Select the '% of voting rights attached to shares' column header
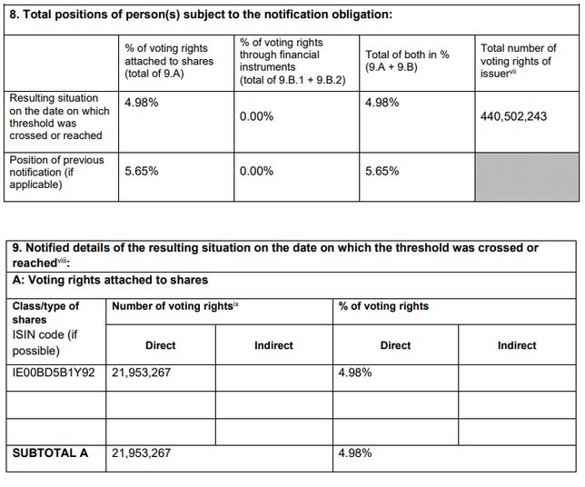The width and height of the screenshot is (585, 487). tap(168, 61)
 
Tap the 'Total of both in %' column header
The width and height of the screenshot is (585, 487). tap(406, 61)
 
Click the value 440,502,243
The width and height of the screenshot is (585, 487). tap(513, 116)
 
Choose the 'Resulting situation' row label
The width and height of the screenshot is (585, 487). tap(59, 116)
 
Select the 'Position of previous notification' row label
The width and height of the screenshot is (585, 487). tap(56, 172)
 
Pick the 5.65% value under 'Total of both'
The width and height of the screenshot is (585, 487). tap(382, 170)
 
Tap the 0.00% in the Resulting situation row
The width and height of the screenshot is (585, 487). tap(256, 116)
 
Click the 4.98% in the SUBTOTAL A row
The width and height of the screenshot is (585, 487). tap(354, 452)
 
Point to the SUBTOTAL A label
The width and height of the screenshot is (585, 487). tap(50, 452)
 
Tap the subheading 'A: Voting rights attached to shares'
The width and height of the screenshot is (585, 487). tap(110, 280)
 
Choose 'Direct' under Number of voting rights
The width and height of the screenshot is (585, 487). tap(161, 345)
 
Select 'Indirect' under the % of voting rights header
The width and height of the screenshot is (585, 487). tap(517, 345)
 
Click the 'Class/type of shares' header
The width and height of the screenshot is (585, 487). tap(45, 313)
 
